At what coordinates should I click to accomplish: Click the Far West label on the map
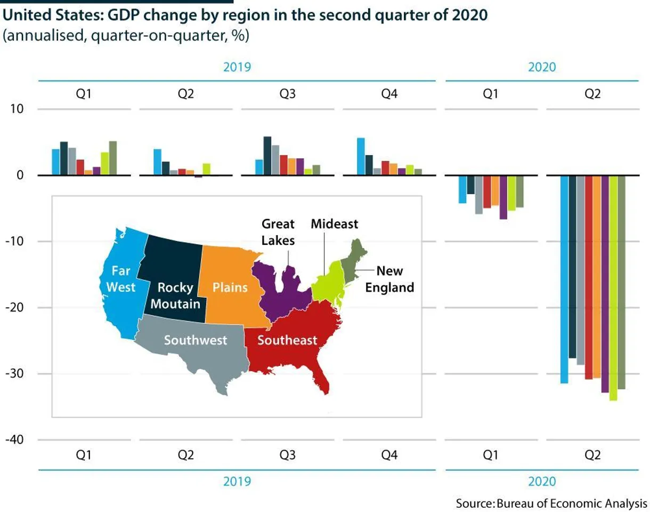pos(121,279)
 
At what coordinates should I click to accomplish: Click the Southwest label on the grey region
pos(195,340)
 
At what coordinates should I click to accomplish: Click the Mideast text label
pos(334,223)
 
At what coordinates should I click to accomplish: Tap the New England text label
pos(389,279)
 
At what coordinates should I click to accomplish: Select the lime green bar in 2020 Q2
pos(613,287)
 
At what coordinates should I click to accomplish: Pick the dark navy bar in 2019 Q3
pos(267,156)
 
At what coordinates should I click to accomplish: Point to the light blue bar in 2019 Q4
pos(361,156)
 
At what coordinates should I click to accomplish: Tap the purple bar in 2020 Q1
pos(503,197)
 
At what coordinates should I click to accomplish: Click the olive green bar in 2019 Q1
pos(112,158)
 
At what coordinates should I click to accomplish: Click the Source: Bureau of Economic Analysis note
pos(551,502)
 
